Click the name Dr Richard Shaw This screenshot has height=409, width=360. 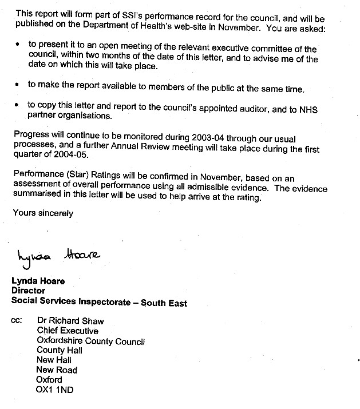tap(70, 321)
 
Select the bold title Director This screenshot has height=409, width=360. tap(29, 291)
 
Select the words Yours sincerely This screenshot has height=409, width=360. tap(43, 213)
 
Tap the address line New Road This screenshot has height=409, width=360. tap(57, 370)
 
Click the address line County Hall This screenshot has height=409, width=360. tap(60, 350)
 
